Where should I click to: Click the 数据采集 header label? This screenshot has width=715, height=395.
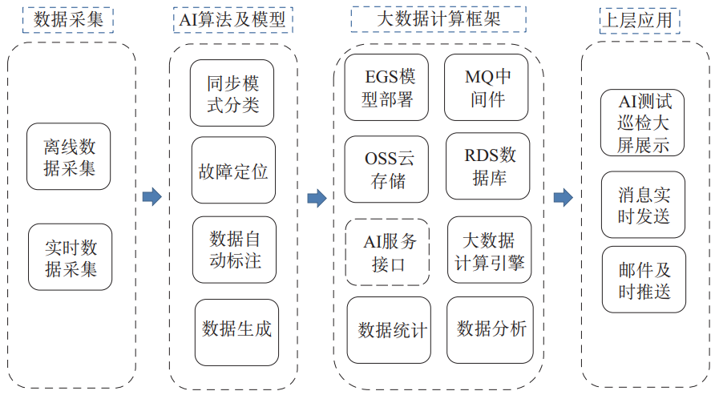point(68,19)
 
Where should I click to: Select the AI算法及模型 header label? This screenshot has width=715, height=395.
point(228,19)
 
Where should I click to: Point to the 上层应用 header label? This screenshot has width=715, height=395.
point(640,19)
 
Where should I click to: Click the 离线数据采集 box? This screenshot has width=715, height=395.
point(69,157)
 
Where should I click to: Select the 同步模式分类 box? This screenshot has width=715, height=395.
point(232,93)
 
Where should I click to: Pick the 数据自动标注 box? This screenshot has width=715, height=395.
point(234,249)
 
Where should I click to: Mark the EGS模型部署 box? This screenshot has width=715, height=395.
point(386,87)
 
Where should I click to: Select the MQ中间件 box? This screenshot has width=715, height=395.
point(487,87)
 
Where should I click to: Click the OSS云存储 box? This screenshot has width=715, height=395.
point(386,169)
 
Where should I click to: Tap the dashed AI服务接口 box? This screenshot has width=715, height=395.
point(387,252)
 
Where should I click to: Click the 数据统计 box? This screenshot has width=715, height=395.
point(389,329)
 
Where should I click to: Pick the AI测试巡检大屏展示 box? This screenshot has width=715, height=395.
point(643,123)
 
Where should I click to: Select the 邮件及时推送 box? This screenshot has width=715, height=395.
point(644,280)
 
